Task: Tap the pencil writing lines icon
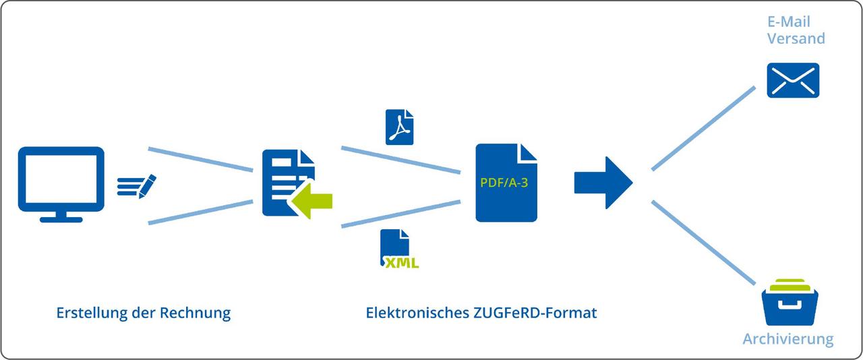pos(136,185)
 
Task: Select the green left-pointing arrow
pos(311,201)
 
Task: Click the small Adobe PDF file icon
pos(399,127)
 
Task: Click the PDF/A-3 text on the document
pos(505,181)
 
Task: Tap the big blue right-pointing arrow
pos(603,182)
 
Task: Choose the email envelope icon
pos(793,80)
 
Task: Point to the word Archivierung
pos(787,338)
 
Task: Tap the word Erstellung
pos(91,313)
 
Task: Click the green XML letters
pos(402,263)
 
